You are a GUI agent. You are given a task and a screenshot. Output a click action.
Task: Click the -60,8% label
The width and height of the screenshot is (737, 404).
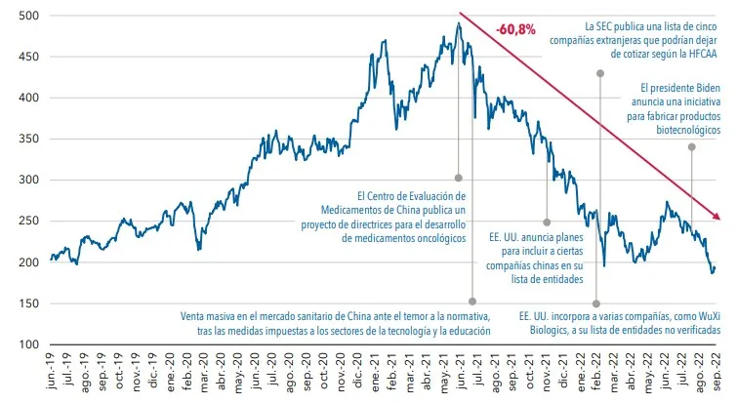coord(515,29)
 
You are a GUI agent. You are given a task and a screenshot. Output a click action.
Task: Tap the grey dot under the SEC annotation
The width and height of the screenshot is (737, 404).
coord(600,73)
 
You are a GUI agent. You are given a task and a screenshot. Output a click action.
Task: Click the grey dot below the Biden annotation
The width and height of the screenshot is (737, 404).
coord(691,147)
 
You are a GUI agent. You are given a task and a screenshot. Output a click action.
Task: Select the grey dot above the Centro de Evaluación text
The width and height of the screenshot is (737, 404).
coord(459,179)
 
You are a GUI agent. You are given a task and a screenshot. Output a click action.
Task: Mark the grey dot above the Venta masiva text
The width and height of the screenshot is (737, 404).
coord(472,302)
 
